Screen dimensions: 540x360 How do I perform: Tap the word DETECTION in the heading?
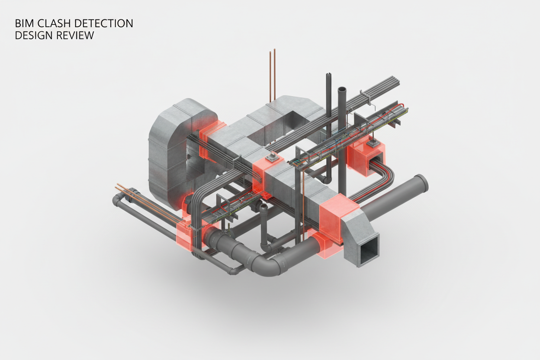coord(104,24)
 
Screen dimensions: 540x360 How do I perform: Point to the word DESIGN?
coord(34,35)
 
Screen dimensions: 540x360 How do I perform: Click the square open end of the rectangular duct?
coord(367,251)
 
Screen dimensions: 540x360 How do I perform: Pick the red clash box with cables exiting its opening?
coord(366,159)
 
